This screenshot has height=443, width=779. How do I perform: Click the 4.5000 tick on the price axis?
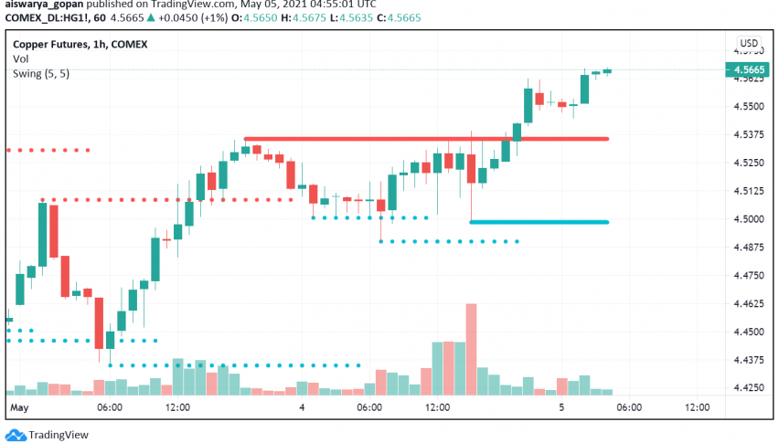pyautogui.click(x=748, y=219)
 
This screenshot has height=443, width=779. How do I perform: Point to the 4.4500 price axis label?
pyautogui.click(x=748, y=332)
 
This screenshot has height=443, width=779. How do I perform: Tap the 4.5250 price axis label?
pyautogui.click(x=748, y=163)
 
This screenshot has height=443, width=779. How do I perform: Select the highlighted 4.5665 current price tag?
pyautogui.click(x=749, y=69)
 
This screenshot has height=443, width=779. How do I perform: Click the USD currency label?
pyautogui.click(x=749, y=43)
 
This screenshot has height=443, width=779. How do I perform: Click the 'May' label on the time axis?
pyautogui.click(x=19, y=407)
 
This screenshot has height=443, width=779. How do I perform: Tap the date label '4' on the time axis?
pyautogui.click(x=302, y=407)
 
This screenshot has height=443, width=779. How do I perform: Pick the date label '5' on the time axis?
pyautogui.click(x=560, y=407)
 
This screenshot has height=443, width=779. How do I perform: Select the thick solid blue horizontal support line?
pyautogui.click(x=539, y=222)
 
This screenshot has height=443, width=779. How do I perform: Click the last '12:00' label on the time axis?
pyautogui.click(x=698, y=407)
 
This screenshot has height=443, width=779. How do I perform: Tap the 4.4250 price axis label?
pyautogui.click(x=748, y=388)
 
